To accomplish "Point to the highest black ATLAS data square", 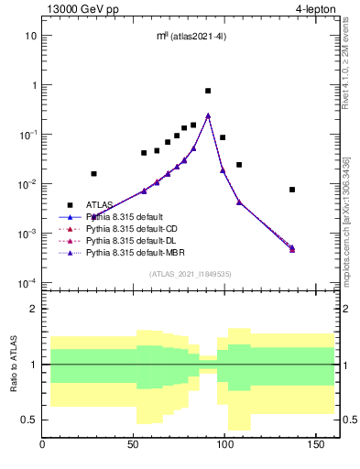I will pos(208,91).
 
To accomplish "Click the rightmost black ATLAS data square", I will pos(292,190).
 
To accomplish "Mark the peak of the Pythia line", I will pos(208,115).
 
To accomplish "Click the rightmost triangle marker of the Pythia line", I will pos(292,248).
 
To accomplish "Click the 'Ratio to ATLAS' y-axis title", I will pos(12,365).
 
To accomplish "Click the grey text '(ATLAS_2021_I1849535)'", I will pos(189,274).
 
